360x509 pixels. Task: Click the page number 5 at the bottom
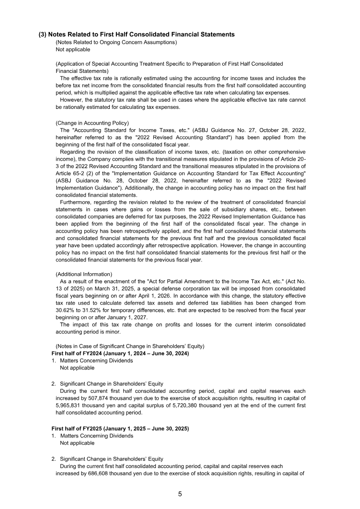tap(180, 494)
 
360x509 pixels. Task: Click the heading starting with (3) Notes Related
tap(137, 34)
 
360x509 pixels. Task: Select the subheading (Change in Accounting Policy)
tap(92, 123)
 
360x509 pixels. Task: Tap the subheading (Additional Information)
tap(84, 274)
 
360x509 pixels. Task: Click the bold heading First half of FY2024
tap(120, 353)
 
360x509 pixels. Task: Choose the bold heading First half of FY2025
tap(120, 428)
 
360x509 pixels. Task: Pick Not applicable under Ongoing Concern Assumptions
tap(72, 50)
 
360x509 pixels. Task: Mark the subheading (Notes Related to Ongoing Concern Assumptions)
tap(116, 42)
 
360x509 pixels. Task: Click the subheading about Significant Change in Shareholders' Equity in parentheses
tap(130, 346)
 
